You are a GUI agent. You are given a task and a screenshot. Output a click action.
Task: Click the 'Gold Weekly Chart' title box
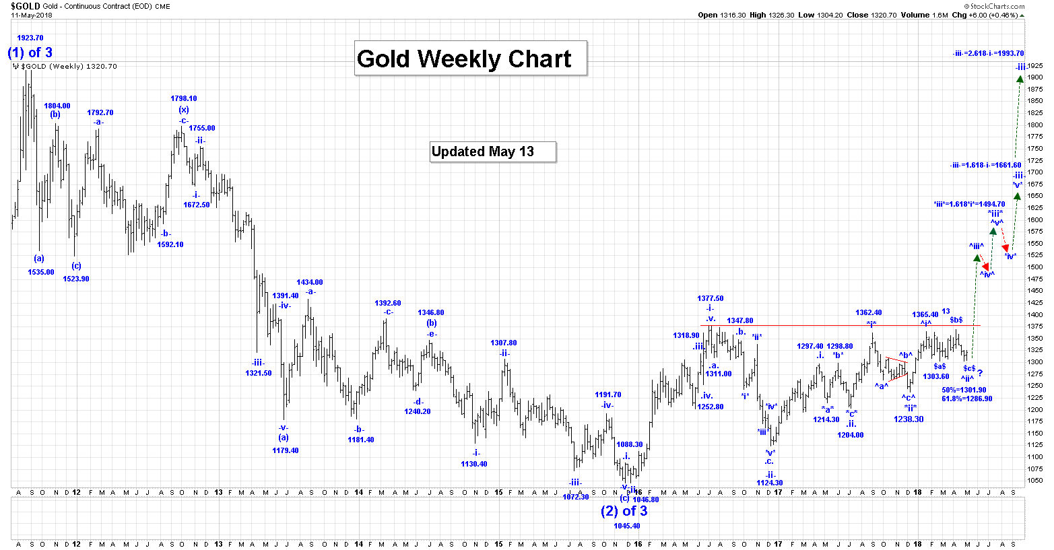(470, 59)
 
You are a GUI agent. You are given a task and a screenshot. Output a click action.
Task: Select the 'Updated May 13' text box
(493, 151)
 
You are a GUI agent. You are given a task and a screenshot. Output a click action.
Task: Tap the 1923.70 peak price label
(30, 38)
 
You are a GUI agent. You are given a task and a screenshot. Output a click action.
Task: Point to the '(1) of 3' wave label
(30, 53)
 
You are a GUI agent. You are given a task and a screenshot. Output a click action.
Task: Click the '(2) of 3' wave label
(624, 511)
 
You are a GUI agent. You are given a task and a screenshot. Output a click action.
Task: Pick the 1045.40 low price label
(627, 526)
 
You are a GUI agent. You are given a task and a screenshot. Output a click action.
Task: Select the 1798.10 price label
(184, 98)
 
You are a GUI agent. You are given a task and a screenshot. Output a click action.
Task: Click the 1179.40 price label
(286, 450)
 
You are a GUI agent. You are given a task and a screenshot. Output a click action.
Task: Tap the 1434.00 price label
(310, 282)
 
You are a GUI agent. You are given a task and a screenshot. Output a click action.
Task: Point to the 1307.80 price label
(504, 343)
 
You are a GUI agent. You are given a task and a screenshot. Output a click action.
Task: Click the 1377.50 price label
(711, 298)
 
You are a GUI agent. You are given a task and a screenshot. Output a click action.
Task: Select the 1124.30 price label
(770, 483)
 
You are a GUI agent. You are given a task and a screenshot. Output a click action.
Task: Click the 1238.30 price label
(909, 419)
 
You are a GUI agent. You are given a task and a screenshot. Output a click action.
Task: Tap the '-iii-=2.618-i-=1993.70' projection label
(988, 53)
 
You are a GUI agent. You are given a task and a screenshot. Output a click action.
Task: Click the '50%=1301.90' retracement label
(964, 390)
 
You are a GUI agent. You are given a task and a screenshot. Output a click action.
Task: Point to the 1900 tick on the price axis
(1035, 77)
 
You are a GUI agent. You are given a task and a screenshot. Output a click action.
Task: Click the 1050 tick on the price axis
(1035, 481)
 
